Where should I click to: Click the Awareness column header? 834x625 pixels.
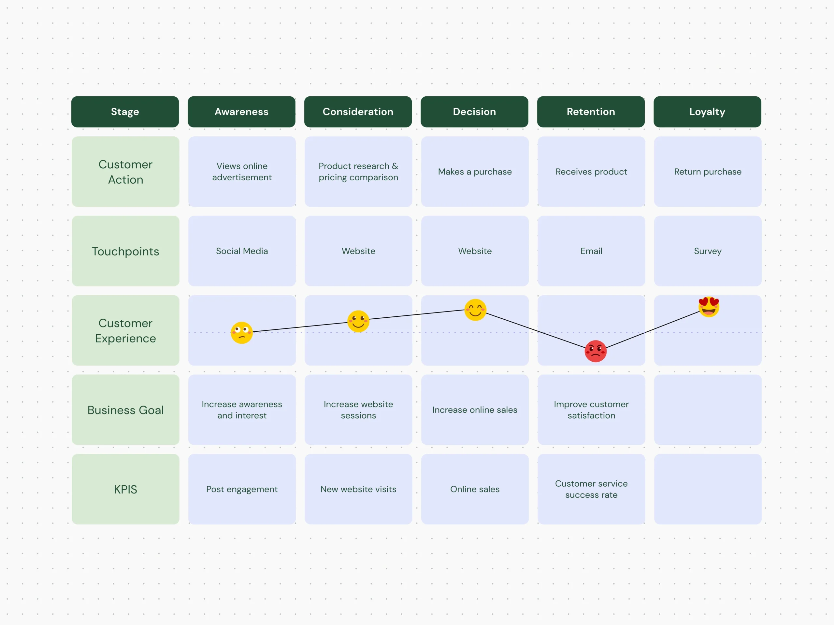tap(241, 112)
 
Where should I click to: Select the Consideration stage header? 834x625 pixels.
tap(358, 112)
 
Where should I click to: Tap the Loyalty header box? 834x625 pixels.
tap(707, 112)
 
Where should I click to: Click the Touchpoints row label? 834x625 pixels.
tap(125, 251)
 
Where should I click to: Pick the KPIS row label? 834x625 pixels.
tap(125, 489)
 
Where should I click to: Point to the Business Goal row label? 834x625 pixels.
tap(125, 410)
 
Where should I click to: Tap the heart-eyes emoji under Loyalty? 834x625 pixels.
tap(709, 307)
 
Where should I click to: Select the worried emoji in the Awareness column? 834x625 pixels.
tap(242, 333)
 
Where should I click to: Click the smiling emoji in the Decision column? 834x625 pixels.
tap(475, 310)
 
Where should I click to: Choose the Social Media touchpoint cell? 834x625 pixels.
tap(242, 251)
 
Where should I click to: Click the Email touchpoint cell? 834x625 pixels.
tap(591, 251)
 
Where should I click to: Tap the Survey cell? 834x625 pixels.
tap(708, 251)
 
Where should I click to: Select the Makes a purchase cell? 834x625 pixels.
tap(475, 172)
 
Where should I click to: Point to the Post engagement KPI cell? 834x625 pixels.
tap(242, 489)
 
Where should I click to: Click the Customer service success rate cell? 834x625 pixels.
tap(591, 489)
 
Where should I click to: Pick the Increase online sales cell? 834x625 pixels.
tap(475, 410)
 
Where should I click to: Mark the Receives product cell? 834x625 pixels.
tap(591, 172)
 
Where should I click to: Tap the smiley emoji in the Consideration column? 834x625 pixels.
tap(358, 321)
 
